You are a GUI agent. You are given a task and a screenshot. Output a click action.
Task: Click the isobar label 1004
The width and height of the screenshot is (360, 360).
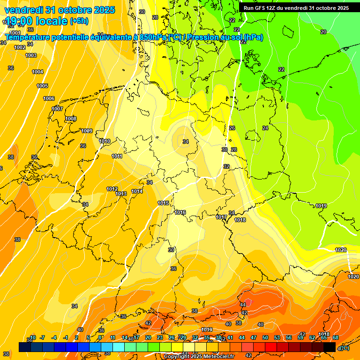(x=37, y=72)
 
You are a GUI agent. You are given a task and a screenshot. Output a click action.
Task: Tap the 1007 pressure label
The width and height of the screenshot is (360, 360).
(x=57, y=109)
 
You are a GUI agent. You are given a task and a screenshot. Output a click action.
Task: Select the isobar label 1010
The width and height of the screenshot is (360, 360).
(x=105, y=141)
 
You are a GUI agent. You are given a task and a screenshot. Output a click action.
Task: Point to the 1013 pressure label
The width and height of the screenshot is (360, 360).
(x=121, y=194)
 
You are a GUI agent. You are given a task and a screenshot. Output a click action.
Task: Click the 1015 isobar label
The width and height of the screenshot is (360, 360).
(x=163, y=203)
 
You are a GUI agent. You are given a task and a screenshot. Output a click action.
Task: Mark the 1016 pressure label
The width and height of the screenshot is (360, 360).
(x=180, y=212)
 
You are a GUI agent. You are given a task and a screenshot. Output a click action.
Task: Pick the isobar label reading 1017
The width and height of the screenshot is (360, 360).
(x=221, y=217)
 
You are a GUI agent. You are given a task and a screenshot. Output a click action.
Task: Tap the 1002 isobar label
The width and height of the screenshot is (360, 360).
(x=20, y=47)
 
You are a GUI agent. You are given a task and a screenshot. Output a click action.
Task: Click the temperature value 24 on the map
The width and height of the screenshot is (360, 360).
(x=265, y=128)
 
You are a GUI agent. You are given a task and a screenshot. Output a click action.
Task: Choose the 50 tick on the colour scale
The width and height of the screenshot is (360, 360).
(x=265, y=337)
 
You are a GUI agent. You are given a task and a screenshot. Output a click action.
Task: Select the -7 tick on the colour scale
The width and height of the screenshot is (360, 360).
(x=42, y=337)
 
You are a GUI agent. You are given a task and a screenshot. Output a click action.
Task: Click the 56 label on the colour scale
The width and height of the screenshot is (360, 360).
(x=289, y=337)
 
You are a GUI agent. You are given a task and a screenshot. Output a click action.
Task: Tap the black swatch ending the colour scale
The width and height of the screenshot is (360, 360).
(x=330, y=347)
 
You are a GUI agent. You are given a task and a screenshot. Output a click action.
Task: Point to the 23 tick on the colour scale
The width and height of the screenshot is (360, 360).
(x=160, y=337)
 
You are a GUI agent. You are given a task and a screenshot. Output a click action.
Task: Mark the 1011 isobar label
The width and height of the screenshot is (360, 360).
(x=117, y=156)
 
